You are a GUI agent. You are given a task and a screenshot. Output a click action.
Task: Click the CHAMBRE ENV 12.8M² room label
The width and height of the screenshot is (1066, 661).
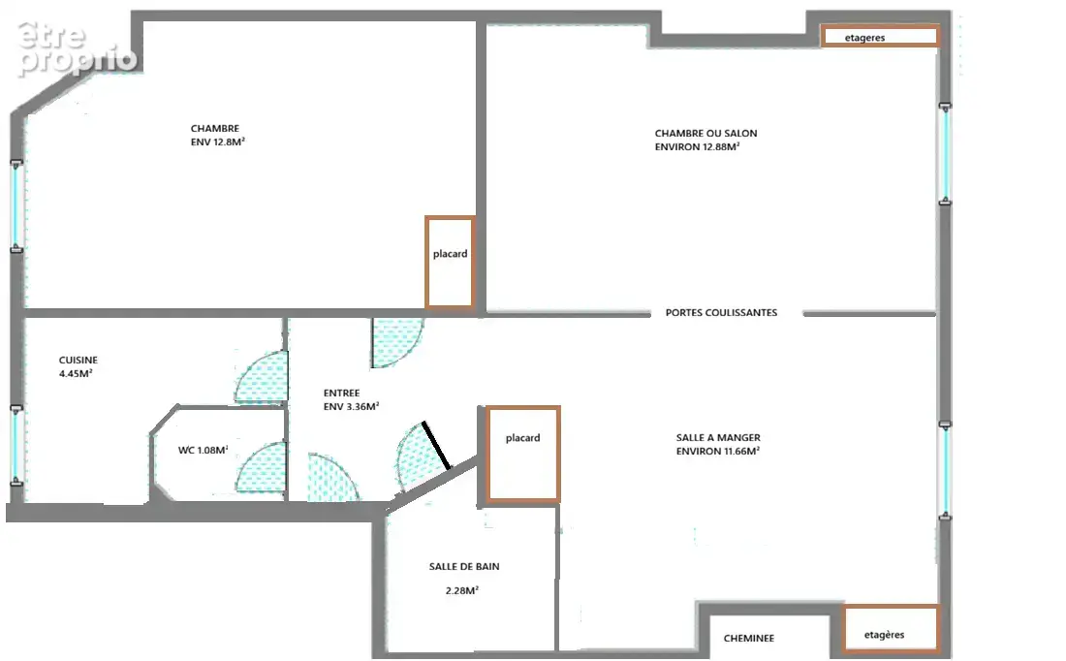[x=217, y=136]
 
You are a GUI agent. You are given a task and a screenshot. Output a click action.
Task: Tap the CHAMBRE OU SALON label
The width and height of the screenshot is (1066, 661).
[x=705, y=134]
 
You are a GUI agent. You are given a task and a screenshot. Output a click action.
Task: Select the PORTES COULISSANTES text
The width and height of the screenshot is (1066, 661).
[x=721, y=313]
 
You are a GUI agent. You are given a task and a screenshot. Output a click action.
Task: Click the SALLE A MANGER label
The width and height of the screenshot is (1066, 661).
[x=718, y=438]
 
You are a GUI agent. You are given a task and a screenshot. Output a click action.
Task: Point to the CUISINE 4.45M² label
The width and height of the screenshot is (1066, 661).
[x=78, y=366]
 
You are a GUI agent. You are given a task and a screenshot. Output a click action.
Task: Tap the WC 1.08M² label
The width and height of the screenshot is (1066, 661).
[x=203, y=450]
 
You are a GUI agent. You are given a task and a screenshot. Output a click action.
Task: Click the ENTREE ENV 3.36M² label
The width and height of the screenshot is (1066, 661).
[x=351, y=400]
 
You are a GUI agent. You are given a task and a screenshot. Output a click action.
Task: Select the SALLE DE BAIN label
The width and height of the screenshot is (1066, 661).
[x=463, y=566]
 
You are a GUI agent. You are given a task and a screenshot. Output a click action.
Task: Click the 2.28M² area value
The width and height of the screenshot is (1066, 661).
[x=461, y=591]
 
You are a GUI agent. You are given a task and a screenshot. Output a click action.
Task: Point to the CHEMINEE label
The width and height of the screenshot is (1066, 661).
[x=748, y=639]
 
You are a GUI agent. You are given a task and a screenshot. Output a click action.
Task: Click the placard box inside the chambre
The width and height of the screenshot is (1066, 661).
[x=450, y=263]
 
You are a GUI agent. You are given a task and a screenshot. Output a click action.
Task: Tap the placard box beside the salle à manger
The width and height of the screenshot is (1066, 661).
[x=522, y=455]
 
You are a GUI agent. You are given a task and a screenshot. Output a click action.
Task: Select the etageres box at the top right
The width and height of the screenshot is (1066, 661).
[x=880, y=36]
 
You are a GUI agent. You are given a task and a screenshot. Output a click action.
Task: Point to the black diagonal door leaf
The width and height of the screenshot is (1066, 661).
[x=436, y=446]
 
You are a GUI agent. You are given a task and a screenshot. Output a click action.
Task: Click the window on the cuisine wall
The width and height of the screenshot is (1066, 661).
[x=16, y=446]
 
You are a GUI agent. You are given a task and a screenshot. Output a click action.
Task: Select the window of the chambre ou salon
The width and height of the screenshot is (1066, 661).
[x=945, y=154]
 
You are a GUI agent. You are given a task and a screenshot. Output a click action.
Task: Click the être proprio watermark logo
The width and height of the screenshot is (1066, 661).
[x=77, y=48]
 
